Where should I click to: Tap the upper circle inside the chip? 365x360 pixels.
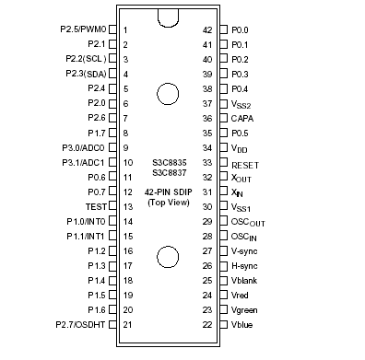point(168,94)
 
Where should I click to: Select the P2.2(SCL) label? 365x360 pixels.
point(83,59)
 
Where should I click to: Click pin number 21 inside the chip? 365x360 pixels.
point(126,325)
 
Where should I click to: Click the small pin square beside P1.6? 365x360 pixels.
point(112,310)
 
